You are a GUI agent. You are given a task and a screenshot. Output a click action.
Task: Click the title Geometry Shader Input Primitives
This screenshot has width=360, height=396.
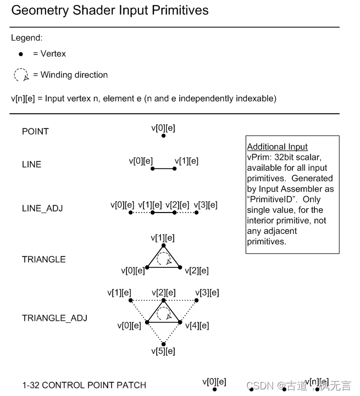tap(110, 10)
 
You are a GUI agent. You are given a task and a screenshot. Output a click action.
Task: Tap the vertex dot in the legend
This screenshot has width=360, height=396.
tap(21, 54)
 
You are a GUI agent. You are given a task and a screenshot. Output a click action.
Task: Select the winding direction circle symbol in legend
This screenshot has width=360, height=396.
tap(21, 75)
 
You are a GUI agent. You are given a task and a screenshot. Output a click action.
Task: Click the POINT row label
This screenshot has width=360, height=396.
tap(35, 132)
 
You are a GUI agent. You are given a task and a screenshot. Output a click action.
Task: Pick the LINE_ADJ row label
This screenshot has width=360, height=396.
tap(42, 208)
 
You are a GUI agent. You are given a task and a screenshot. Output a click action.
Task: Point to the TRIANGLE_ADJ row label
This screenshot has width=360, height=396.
tap(54, 318)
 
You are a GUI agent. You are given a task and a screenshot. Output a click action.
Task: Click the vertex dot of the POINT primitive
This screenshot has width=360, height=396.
tap(163, 135)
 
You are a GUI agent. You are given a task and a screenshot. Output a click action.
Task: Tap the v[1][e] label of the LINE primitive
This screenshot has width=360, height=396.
tap(186, 161)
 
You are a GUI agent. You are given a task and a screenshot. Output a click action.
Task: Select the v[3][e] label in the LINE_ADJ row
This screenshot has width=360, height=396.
tap(206, 205)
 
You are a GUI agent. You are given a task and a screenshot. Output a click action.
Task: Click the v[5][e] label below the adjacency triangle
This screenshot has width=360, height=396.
tap(163, 351)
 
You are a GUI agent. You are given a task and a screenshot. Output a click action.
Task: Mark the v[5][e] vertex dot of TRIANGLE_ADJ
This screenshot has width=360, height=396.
tap(163, 344)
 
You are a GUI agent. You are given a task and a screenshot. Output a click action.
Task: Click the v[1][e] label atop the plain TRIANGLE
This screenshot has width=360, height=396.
tap(163, 238)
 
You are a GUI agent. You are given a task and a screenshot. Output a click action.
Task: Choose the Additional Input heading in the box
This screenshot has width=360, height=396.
tap(278, 147)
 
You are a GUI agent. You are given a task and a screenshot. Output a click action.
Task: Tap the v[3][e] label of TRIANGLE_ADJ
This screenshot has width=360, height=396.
tap(207, 293)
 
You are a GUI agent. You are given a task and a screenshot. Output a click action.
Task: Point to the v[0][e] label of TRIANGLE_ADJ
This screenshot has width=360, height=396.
tap(129, 325)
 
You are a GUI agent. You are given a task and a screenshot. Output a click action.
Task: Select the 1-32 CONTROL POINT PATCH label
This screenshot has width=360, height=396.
tap(84, 385)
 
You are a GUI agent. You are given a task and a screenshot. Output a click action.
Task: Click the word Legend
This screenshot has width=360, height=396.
tap(26, 38)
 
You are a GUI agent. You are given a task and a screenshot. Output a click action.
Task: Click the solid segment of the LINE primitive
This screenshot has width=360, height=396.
tap(163, 169)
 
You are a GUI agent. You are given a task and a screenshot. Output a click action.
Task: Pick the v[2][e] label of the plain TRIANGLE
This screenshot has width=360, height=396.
tap(196, 271)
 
